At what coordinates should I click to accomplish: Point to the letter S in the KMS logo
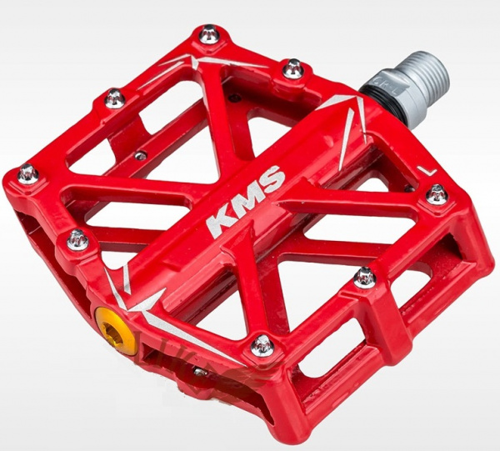pos(272,178)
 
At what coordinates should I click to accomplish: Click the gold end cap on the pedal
pos(116,330)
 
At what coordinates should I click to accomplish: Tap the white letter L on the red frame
pos(428,172)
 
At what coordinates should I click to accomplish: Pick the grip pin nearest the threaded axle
pos(293,68)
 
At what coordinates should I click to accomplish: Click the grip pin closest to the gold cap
pos(78,239)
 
